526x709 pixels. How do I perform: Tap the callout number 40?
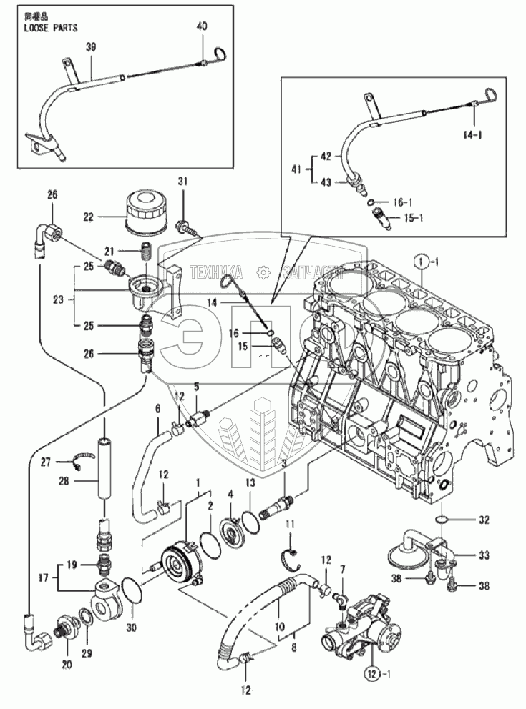pos(203,26)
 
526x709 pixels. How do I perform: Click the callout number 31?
pos(182,183)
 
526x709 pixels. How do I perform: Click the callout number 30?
pos(131,628)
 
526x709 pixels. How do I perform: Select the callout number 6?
pos(157,408)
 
